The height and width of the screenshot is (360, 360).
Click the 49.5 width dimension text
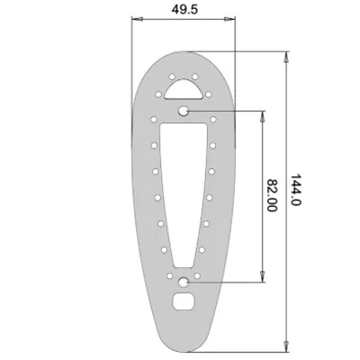pos(184,9)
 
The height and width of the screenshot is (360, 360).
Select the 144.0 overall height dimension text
pos(295,190)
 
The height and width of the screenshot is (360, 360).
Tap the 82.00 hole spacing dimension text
pos(272,195)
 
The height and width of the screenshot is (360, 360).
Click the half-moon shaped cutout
pos(184,89)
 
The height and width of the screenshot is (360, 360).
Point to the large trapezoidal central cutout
pos(184,192)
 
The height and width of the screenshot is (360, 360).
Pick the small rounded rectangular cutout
pos(184,301)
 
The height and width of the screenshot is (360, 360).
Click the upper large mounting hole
pos(183,112)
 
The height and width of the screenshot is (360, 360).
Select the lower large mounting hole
pos(183,282)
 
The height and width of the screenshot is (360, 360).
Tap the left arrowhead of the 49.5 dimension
pos(137,19)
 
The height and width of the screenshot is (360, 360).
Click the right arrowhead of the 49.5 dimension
pos(230,19)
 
